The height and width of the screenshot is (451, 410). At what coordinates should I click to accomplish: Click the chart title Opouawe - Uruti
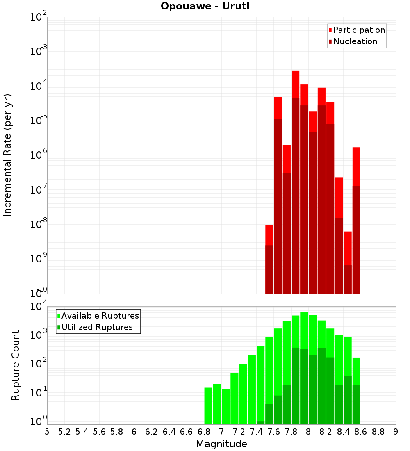click(205, 6)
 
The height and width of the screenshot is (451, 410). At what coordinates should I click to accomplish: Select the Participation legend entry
click(359, 30)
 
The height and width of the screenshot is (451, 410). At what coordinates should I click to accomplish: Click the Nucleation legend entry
click(355, 41)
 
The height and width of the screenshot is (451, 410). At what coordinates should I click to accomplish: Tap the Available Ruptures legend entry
click(100, 316)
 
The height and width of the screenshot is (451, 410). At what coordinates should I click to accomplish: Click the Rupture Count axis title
click(16, 365)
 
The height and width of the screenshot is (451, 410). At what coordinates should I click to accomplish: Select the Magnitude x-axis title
click(221, 444)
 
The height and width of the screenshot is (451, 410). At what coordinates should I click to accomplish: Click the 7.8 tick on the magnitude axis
click(291, 431)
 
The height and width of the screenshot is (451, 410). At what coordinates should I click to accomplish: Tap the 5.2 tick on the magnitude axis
click(64, 431)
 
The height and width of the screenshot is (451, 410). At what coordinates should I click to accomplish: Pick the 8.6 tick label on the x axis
click(361, 431)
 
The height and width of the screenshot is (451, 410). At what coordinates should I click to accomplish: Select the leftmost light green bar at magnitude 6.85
click(208, 406)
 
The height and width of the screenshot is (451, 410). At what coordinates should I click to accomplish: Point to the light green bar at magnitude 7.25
click(243, 394)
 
